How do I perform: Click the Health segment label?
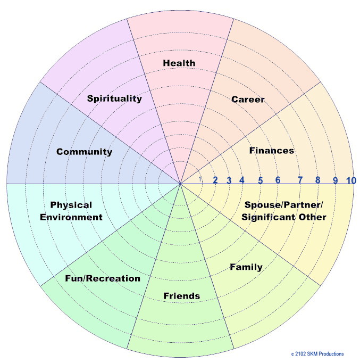point(179,63)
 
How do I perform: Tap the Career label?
point(248,100)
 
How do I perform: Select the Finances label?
point(271,151)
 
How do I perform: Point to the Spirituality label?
point(114,98)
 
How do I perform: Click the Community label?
point(84,152)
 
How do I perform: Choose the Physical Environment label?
point(76,211)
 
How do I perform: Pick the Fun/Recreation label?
point(103,278)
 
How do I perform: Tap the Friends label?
point(181,296)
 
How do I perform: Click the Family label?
point(246,267)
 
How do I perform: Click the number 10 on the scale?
point(350,180)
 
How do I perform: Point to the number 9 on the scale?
point(335,180)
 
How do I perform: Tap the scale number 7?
point(300,180)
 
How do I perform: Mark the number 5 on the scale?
point(261,180)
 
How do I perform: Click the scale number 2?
point(215,180)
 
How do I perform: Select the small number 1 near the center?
point(200,179)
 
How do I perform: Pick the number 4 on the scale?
point(241,180)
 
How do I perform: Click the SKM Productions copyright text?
point(317,354)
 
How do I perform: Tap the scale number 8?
point(317,180)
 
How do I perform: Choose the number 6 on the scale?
point(278,180)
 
